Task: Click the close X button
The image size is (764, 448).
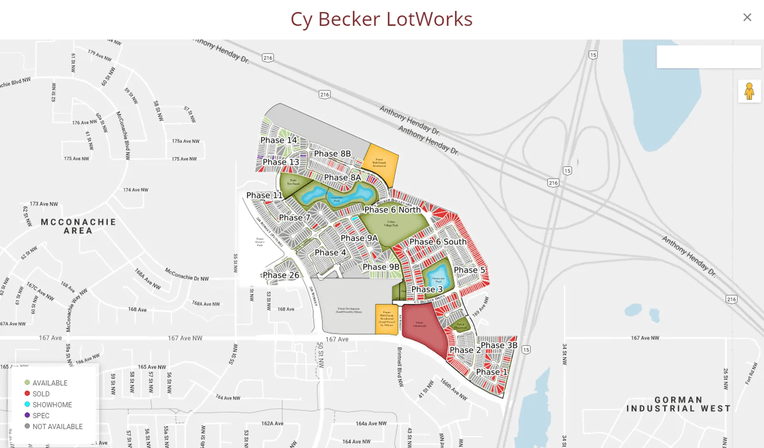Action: pyautogui.click(x=747, y=17)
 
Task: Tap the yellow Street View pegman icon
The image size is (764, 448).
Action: pyautogui.click(x=749, y=91)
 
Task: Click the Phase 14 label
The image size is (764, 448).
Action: pyautogui.click(x=279, y=140)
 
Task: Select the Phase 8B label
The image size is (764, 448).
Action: pyautogui.click(x=332, y=153)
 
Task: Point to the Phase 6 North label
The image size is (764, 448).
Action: pyautogui.click(x=392, y=210)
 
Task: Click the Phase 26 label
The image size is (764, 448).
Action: pyautogui.click(x=281, y=275)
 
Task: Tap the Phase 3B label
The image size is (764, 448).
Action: pyautogui.click(x=499, y=345)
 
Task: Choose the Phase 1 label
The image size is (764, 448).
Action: pyautogui.click(x=491, y=372)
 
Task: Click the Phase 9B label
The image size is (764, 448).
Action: pyautogui.click(x=381, y=267)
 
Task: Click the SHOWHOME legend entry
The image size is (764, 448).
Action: pyautogui.click(x=52, y=404)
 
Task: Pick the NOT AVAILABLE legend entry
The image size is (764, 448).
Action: pyautogui.click(x=57, y=426)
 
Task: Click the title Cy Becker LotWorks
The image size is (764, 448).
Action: pyautogui.click(x=381, y=19)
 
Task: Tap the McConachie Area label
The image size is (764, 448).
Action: pyautogui.click(x=78, y=226)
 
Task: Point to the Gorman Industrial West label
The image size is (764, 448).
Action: pyautogui.click(x=678, y=404)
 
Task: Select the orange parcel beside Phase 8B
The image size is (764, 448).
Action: pyautogui.click(x=380, y=164)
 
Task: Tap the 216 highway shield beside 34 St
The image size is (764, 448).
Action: pyautogui.click(x=731, y=299)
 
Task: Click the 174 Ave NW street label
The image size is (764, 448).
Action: pyautogui.click(x=136, y=190)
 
